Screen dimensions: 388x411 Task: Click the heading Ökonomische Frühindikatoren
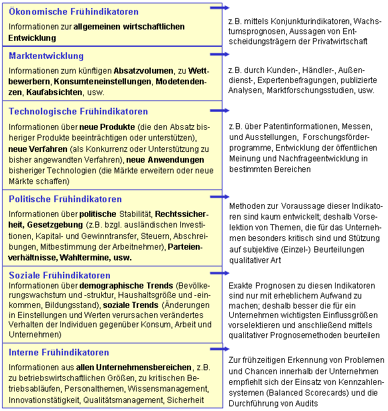point(74,11)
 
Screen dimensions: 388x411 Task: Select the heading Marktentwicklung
point(46,56)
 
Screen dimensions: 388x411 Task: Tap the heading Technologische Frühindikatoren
point(78,111)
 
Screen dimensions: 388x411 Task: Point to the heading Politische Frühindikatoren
point(66,199)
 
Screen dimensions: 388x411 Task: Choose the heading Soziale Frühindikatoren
point(60,275)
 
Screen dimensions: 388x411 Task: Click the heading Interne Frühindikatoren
point(59,352)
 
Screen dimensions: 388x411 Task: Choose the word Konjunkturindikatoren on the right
point(301,21)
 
